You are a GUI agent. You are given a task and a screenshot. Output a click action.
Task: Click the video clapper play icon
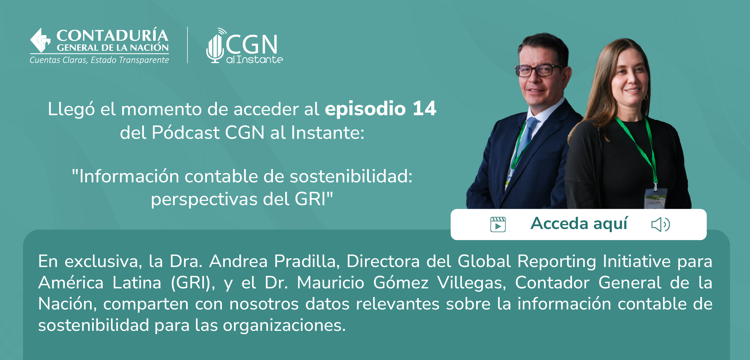pos(498,224)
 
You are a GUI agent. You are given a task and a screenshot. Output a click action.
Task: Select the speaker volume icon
pos(661,225)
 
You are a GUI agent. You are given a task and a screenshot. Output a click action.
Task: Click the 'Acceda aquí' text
pos(579,223)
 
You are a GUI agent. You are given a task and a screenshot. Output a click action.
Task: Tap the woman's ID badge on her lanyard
pos(655,198)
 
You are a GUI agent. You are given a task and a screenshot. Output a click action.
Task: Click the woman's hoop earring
pos(646,97)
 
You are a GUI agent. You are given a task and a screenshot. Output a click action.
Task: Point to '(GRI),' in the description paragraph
pos(193,283)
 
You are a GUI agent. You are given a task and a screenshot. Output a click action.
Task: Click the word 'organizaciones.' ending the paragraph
pos(284,325)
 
